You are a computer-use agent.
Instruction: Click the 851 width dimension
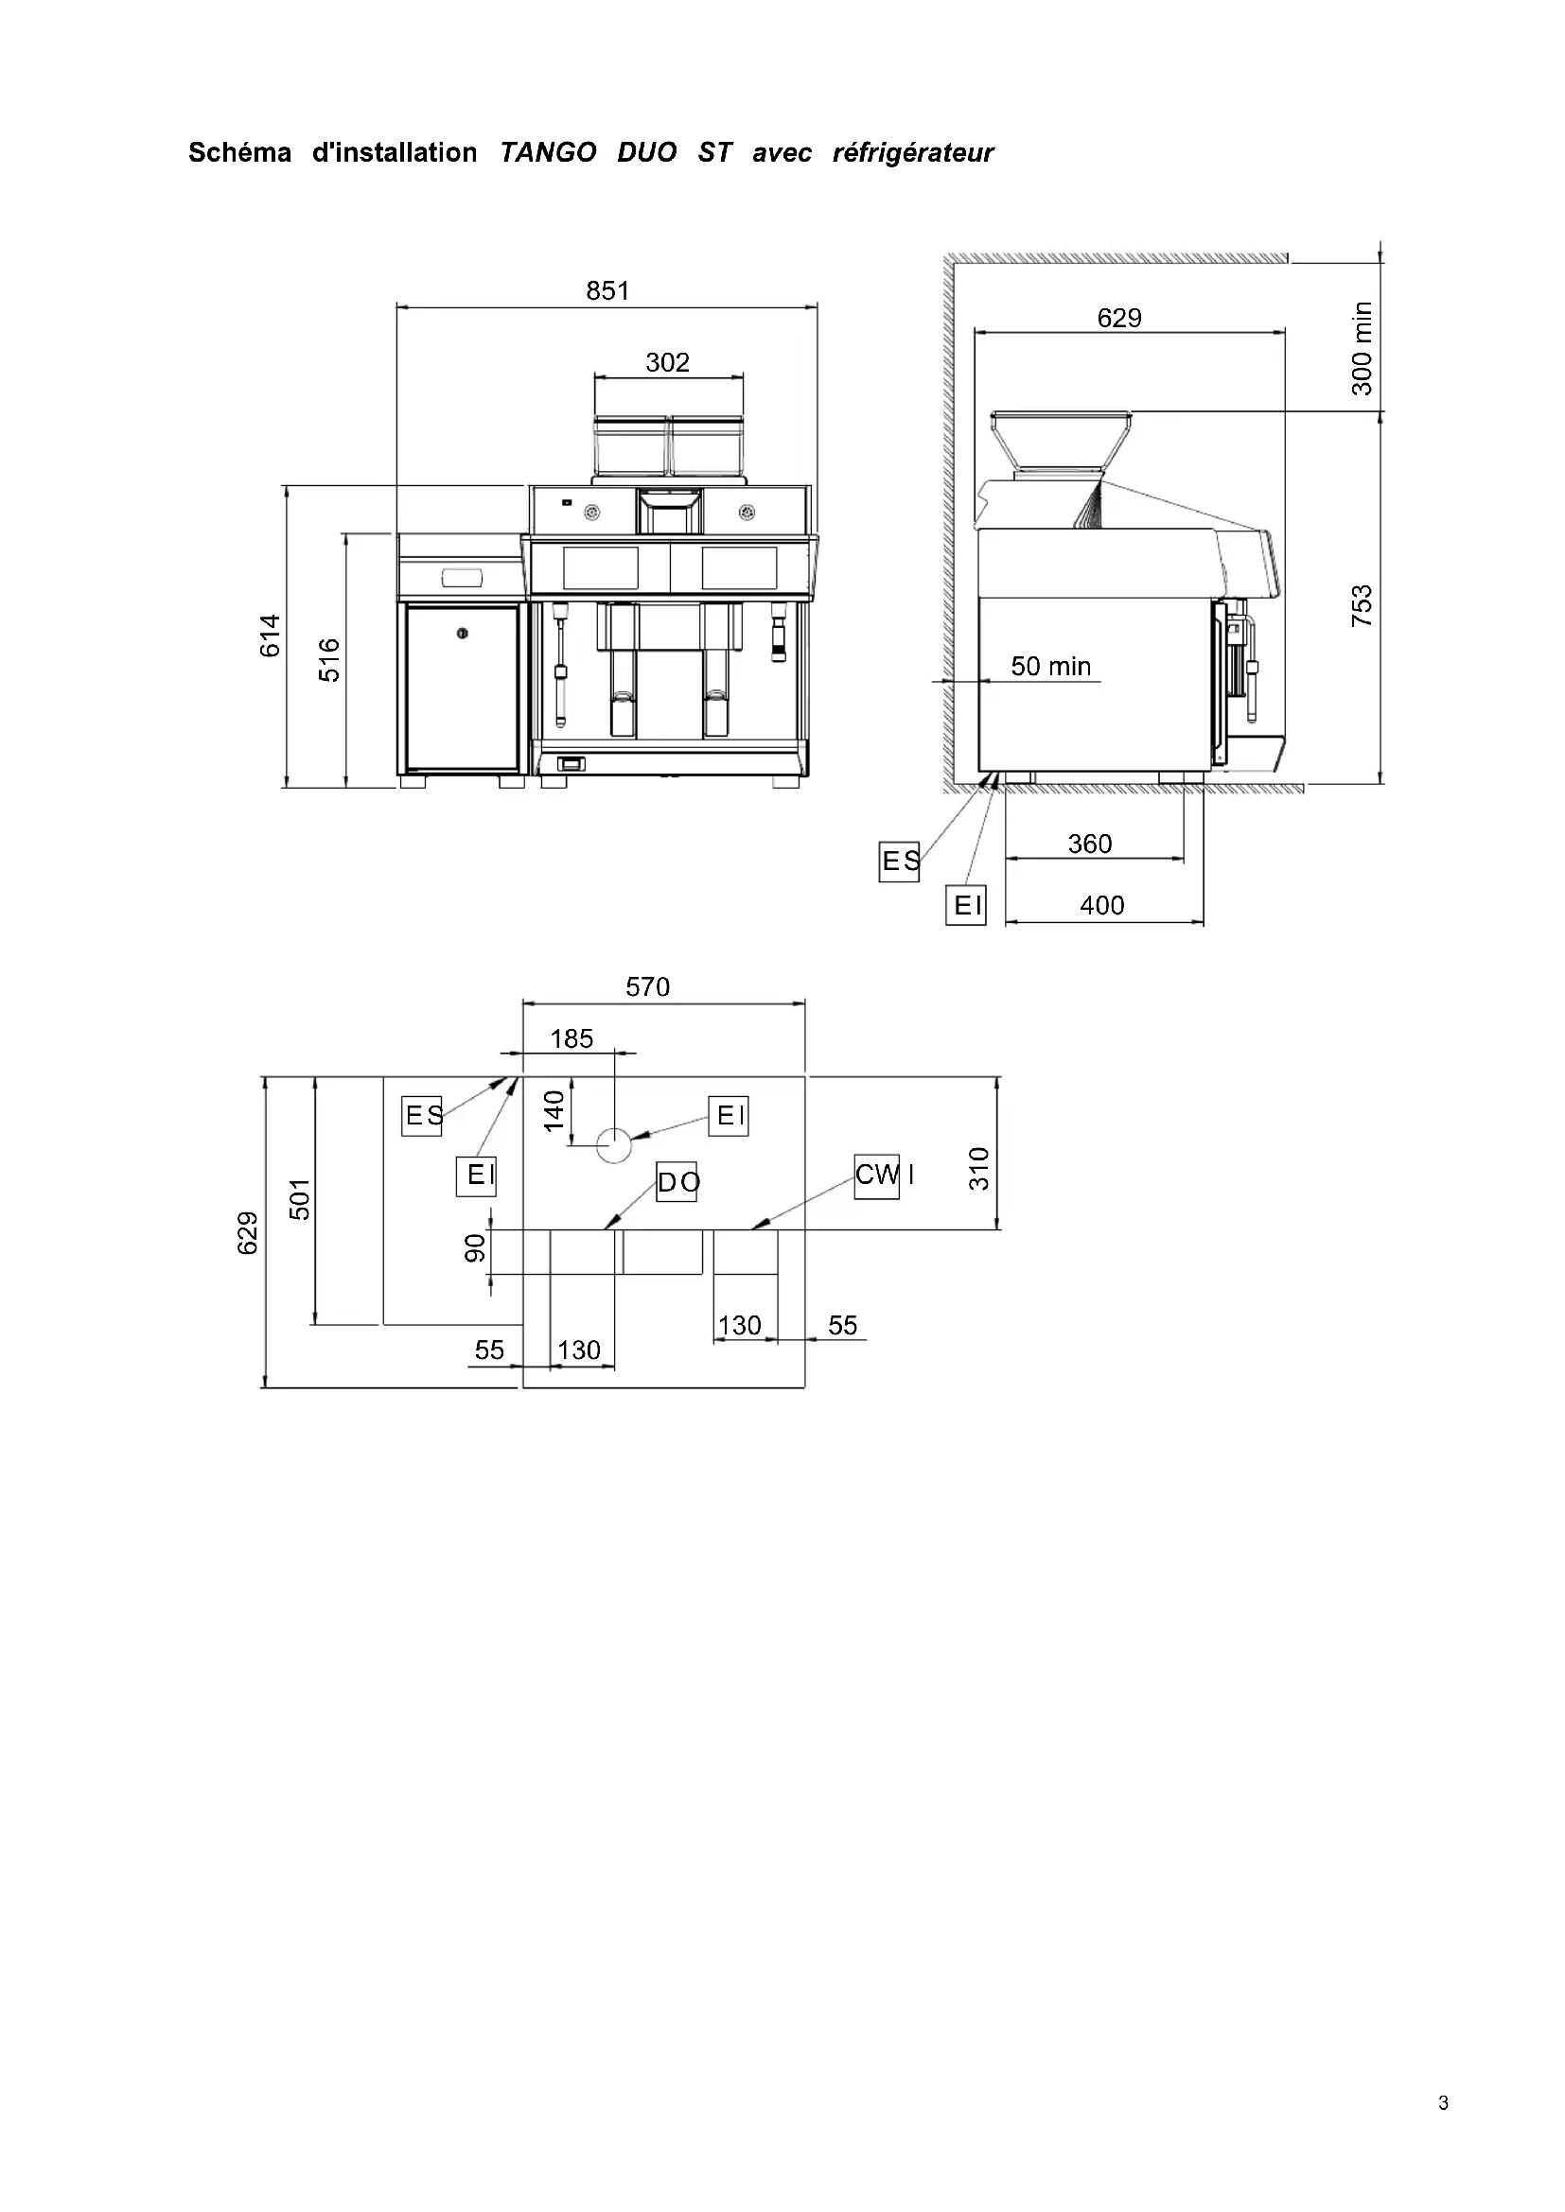tap(607, 291)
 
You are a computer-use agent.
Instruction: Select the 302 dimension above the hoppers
tap(668, 363)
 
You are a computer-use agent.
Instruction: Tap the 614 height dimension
tap(271, 636)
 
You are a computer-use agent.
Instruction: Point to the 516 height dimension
tap(329, 660)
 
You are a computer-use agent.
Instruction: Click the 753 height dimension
tap(1362, 606)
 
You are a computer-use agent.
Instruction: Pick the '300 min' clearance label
tap(1362, 349)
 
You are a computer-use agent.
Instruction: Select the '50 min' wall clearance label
tap(1050, 667)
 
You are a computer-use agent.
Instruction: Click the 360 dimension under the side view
tap(1090, 844)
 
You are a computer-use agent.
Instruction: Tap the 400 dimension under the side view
tap(1101, 906)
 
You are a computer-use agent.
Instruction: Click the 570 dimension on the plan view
tap(647, 987)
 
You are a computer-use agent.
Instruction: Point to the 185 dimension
tap(571, 1039)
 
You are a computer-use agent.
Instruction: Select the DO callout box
tap(677, 1182)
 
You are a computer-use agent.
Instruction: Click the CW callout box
tap(877, 1176)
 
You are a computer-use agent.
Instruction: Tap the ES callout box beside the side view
tap(900, 862)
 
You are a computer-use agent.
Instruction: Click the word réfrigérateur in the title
tap(912, 153)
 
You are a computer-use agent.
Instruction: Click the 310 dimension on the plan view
tap(979, 1169)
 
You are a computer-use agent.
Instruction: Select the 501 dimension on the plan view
tap(301, 1199)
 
